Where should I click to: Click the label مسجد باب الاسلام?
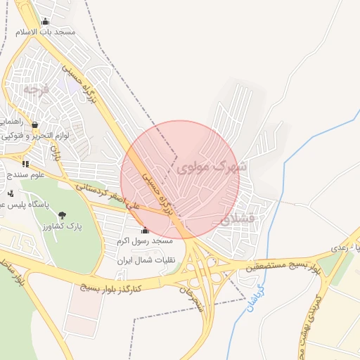(x=47, y=32)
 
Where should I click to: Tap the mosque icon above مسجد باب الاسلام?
(x=46, y=22)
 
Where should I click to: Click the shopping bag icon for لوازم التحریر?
(x=34, y=125)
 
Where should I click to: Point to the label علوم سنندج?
(x=24, y=173)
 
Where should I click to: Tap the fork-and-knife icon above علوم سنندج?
(x=25, y=164)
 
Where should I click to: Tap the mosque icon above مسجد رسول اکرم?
(x=145, y=230)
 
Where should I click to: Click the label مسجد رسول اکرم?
(x=144, y=240)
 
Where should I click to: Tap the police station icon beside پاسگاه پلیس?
(x=10, y=193)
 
